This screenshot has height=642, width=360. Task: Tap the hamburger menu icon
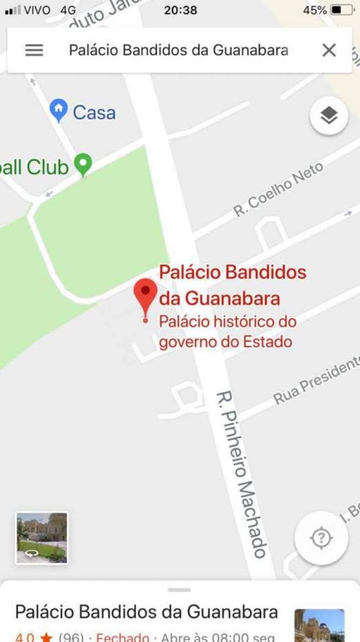tap(34, 50)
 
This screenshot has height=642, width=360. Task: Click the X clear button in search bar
tap(329, 50)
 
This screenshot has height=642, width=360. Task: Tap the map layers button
tap(329, 115)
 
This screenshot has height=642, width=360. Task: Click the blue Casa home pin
tap(58, 110)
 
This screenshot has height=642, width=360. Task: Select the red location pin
tap(145, 297)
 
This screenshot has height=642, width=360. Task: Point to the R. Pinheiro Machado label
tap(241, 474)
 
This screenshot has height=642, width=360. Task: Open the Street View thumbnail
tap(42, 538)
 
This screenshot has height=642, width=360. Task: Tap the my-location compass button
tap(321, 538)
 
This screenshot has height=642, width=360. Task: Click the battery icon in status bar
tap(342, 10)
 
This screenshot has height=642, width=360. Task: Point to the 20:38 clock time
tap(180, 10)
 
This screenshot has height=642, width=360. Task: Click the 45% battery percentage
tap(315, 10)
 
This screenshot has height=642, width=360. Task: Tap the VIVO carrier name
tap(37, 10)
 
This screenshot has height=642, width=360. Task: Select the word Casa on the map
tap(94, 112)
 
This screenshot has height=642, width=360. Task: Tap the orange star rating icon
tap(47, 637)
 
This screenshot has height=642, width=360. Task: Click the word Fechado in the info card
tap(122, 637)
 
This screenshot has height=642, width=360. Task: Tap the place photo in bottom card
tap(319, 626)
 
